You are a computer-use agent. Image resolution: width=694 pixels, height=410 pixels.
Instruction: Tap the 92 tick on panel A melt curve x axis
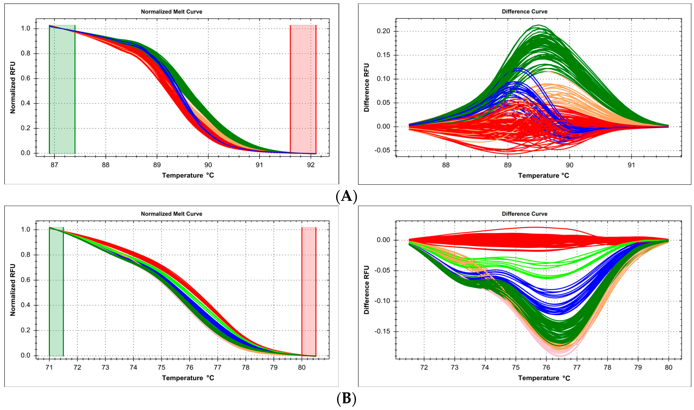(x=311, y=165)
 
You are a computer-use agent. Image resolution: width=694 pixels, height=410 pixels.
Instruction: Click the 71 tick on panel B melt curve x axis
(x=49, y=368)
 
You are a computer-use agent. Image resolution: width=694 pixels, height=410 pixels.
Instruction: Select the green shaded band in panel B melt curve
(x=56, y=291)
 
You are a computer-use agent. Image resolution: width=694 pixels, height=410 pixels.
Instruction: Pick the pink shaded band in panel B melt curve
(x=309, y=291)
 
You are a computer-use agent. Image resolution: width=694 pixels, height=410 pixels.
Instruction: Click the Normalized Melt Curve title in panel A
(x=171, y=12)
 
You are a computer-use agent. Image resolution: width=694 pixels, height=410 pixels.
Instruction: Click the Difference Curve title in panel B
(x=524, y=214)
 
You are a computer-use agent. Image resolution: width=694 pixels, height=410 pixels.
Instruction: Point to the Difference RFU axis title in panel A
(x=366, y=88)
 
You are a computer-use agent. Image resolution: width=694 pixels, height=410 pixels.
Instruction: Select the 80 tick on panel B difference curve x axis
(x=668, y=368)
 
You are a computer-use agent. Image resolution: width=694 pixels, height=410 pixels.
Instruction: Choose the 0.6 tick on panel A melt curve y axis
(x=25, y=78)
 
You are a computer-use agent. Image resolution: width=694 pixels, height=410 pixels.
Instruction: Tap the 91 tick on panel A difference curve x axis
(x=631, y=165)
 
